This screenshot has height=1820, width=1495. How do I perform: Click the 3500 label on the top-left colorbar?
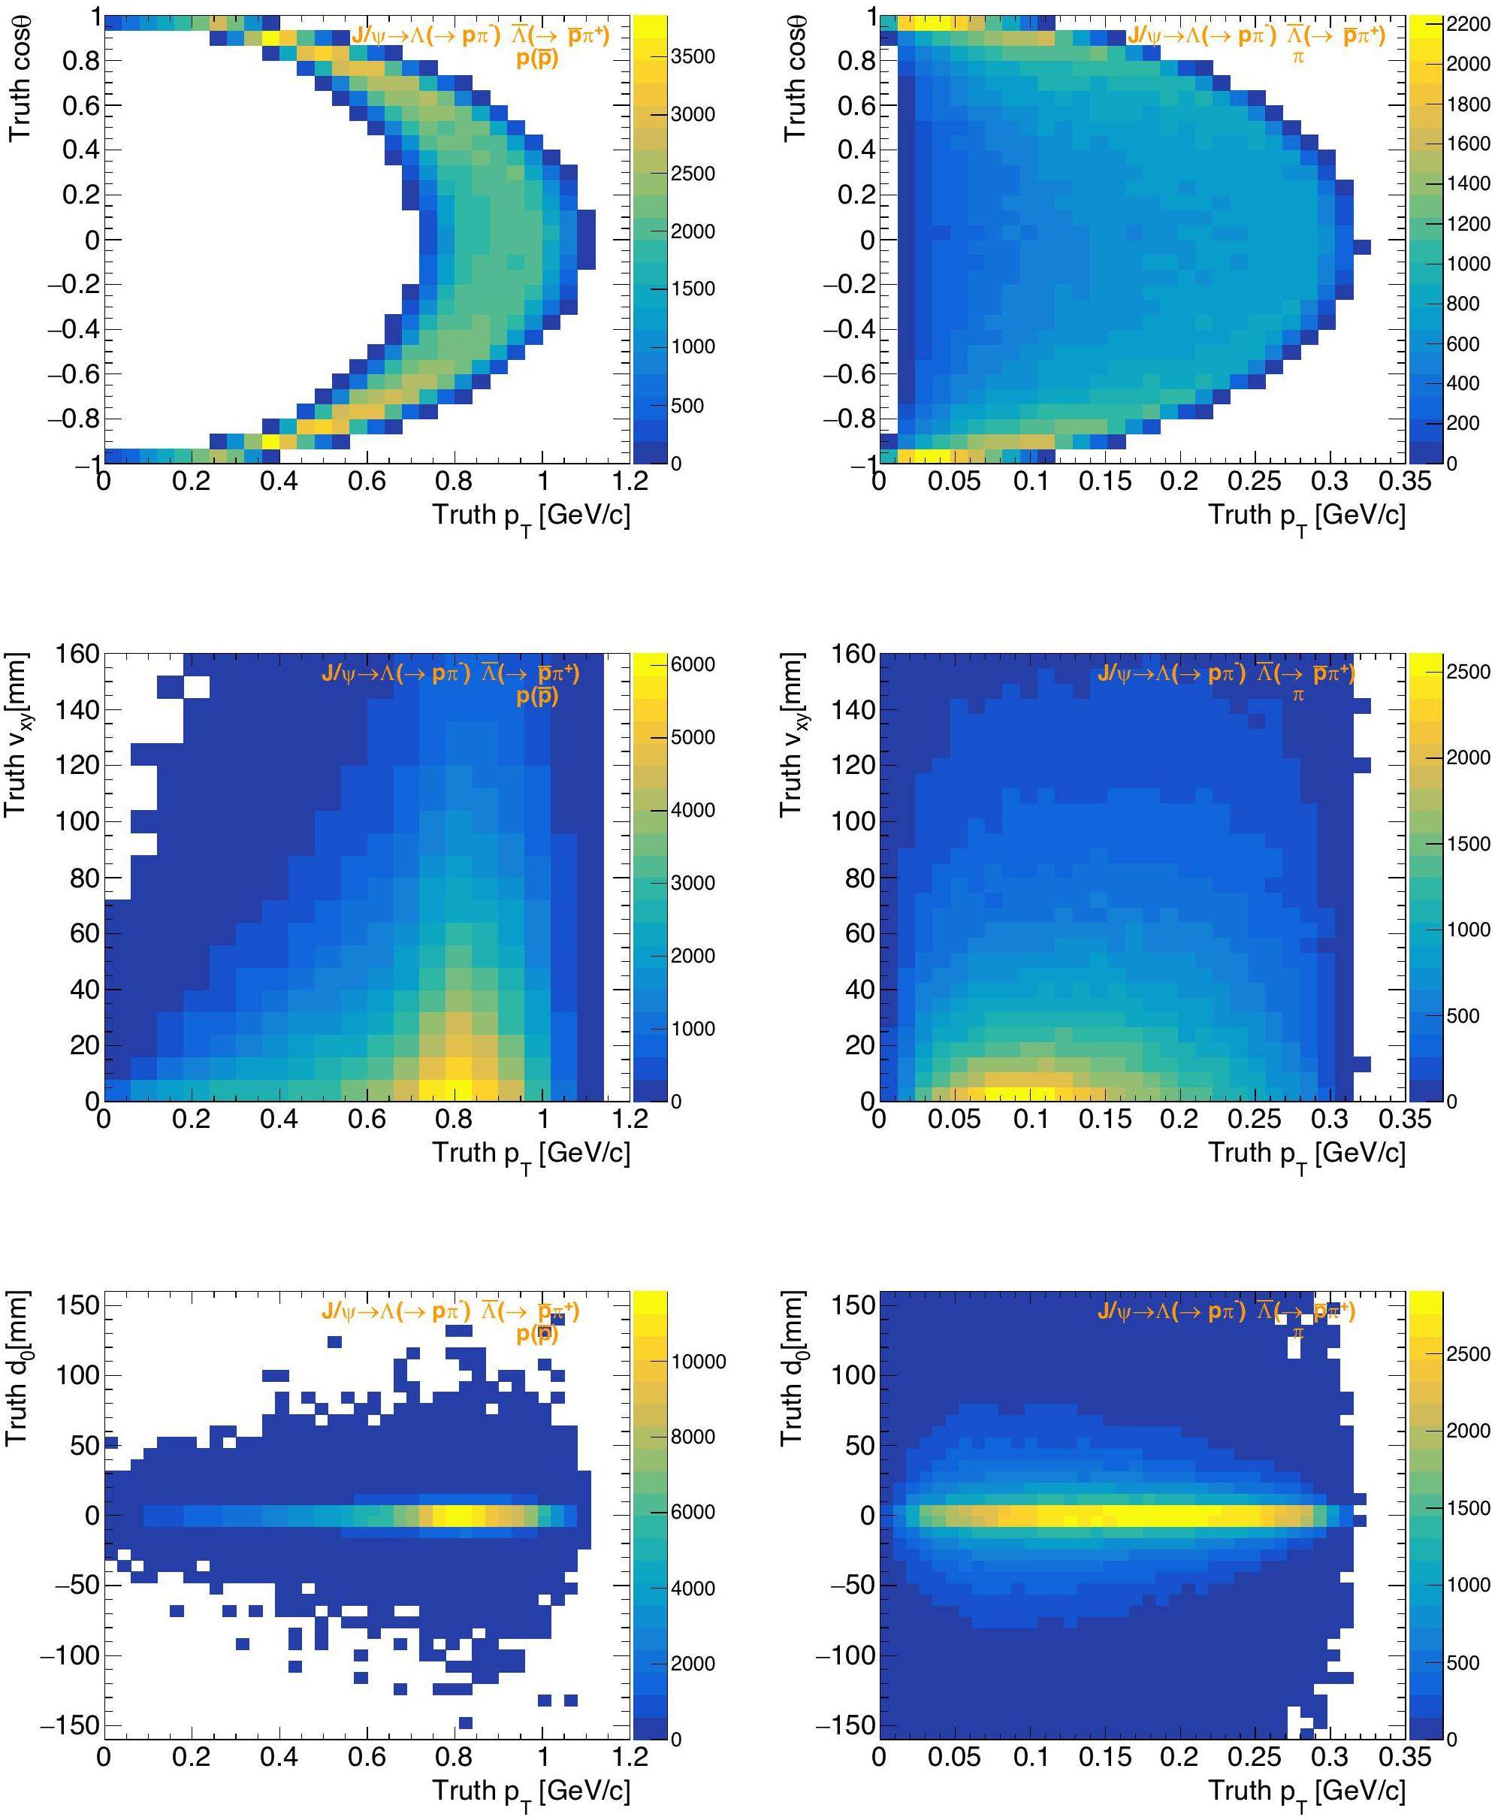click(693, 57)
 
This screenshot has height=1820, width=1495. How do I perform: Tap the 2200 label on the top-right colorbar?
click(1467, 25)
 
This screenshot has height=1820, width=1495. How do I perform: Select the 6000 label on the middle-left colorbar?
click(693, 664)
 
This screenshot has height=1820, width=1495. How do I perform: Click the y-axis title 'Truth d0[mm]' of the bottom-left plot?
click(17, 1370)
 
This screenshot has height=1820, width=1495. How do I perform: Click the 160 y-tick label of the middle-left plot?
click(77, 654)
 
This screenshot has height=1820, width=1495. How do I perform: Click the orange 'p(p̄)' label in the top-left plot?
click(537, 59)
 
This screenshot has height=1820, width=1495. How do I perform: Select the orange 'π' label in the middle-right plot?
click(1297, 695)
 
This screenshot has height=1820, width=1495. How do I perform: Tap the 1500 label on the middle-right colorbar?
click(1467, 844)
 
